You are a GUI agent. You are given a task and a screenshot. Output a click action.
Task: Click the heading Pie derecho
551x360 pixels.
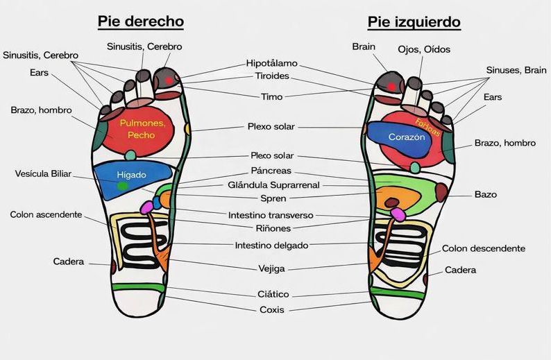point(140,21)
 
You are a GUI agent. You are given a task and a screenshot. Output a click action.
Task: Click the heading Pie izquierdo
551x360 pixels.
point(414,22)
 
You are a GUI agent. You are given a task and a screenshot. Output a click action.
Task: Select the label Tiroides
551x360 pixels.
point(272,76)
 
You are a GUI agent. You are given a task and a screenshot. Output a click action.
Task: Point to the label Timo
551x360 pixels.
point(271,97)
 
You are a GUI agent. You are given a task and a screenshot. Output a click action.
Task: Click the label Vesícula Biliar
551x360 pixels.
point(43,173)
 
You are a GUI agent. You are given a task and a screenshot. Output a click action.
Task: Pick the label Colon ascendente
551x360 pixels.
point(46,215)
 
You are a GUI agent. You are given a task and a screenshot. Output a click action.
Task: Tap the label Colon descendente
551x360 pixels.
point(483,248)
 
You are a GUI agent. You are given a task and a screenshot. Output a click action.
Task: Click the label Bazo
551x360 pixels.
point(485,195)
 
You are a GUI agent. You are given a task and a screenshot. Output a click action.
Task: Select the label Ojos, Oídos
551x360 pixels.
point(423,49)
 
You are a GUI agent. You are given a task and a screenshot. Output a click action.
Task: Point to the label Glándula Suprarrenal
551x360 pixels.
point(275,185)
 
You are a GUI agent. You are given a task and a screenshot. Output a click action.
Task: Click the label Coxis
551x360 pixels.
point(271,310)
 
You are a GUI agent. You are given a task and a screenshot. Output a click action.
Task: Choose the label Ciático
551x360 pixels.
point(273,295)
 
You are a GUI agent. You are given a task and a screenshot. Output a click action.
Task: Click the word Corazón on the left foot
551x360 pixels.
point(406,137)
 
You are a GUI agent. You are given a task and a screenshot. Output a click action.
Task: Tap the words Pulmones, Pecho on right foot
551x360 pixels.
point(142,128)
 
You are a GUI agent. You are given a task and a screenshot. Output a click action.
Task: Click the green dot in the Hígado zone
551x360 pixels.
point(123,186)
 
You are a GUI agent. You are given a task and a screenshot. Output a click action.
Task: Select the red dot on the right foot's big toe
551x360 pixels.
point(169,81)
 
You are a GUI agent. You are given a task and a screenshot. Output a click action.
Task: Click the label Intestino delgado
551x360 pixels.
point(271,245)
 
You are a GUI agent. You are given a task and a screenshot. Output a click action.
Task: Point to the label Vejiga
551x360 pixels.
point(271,268)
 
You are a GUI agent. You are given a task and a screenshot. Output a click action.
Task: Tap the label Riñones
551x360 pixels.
point(273,228)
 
